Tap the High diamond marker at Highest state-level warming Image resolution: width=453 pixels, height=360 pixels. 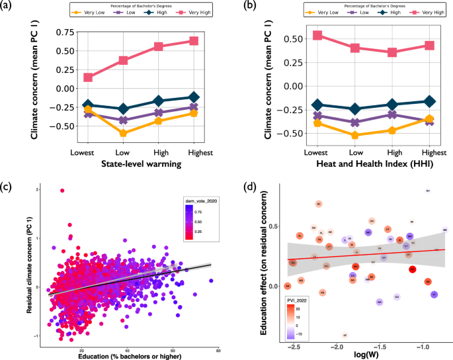pos(193,97)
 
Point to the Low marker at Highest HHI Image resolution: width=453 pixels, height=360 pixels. pos(429,120)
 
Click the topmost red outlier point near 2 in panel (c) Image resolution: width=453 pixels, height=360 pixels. pos(62,191)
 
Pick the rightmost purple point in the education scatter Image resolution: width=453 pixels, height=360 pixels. pos(211,281)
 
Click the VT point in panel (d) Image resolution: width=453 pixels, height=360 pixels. pos(434,294)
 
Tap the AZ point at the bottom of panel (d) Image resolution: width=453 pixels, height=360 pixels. pos(345,336)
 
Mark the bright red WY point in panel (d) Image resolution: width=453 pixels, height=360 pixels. pos(412,269)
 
